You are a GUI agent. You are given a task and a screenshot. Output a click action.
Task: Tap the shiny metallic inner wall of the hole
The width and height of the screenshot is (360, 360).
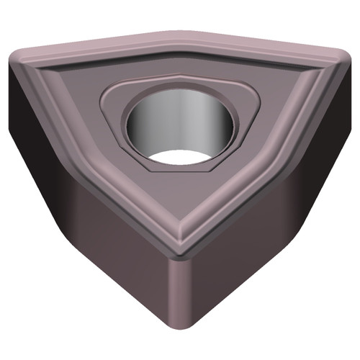180,119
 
